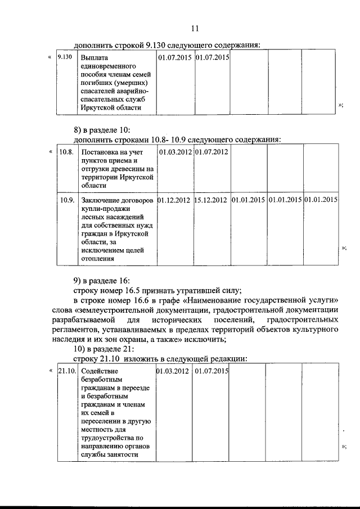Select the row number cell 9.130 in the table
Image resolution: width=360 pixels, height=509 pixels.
click(x=66, y=57)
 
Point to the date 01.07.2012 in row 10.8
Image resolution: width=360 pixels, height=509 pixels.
click(x=211, y=152)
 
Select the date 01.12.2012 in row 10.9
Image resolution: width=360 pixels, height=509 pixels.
click(x=174, y=199)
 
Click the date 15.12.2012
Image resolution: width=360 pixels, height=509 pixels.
click(x=211, y=199)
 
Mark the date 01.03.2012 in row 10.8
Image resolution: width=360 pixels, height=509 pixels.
click(x=175, y=152)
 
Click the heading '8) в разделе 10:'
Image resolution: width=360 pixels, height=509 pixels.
click(x=101, y=130)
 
